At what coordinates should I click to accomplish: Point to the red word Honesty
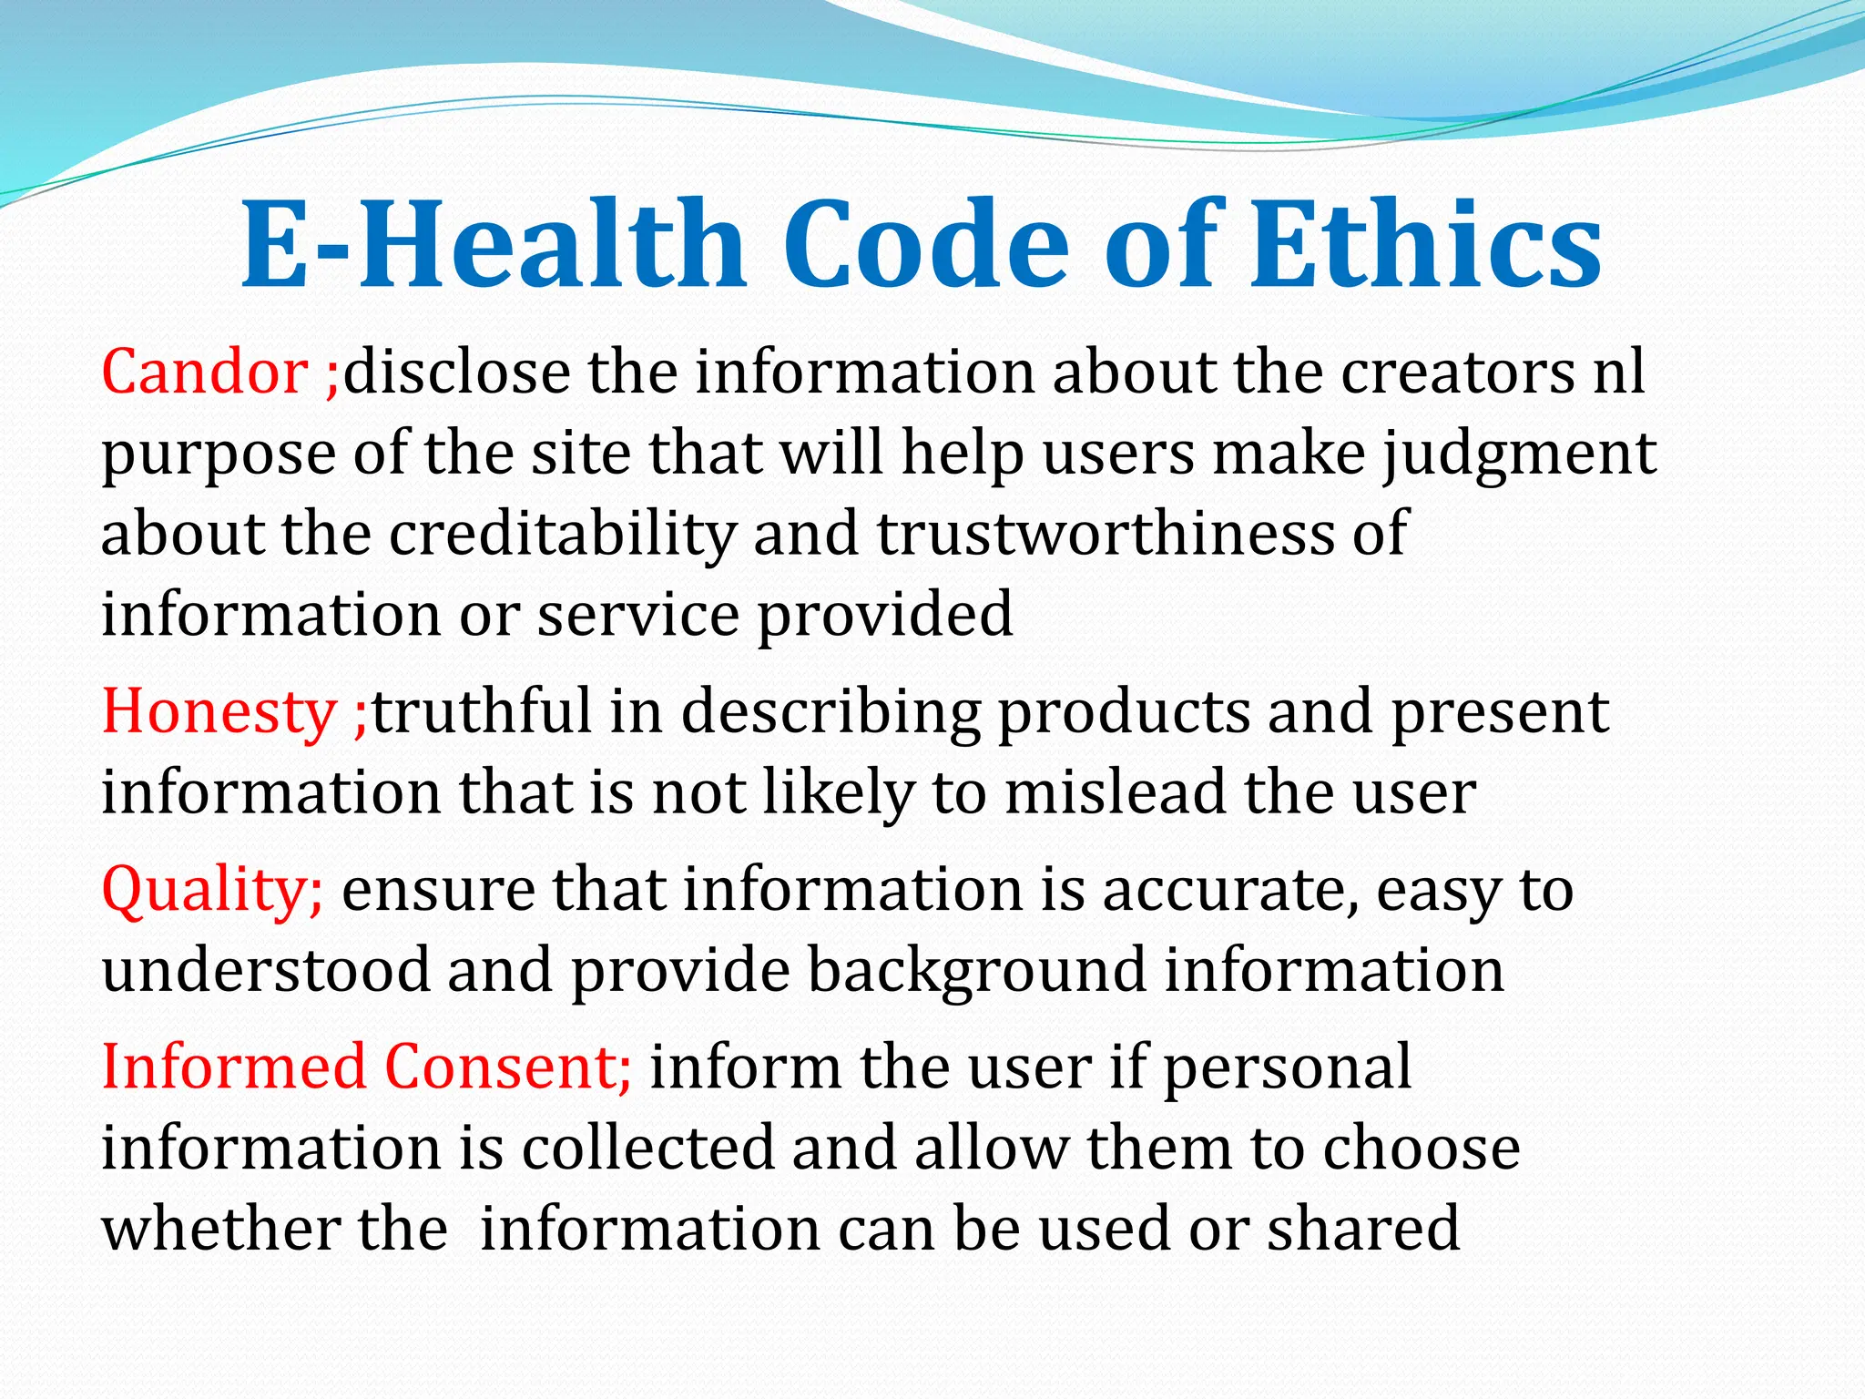point(219,711)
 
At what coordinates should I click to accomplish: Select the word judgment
point(1520,454)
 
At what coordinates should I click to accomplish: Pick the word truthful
point(482,711)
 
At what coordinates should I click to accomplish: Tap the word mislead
point(1115,792)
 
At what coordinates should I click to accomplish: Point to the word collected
point(647,1148)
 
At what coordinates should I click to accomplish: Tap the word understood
point(265,971)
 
